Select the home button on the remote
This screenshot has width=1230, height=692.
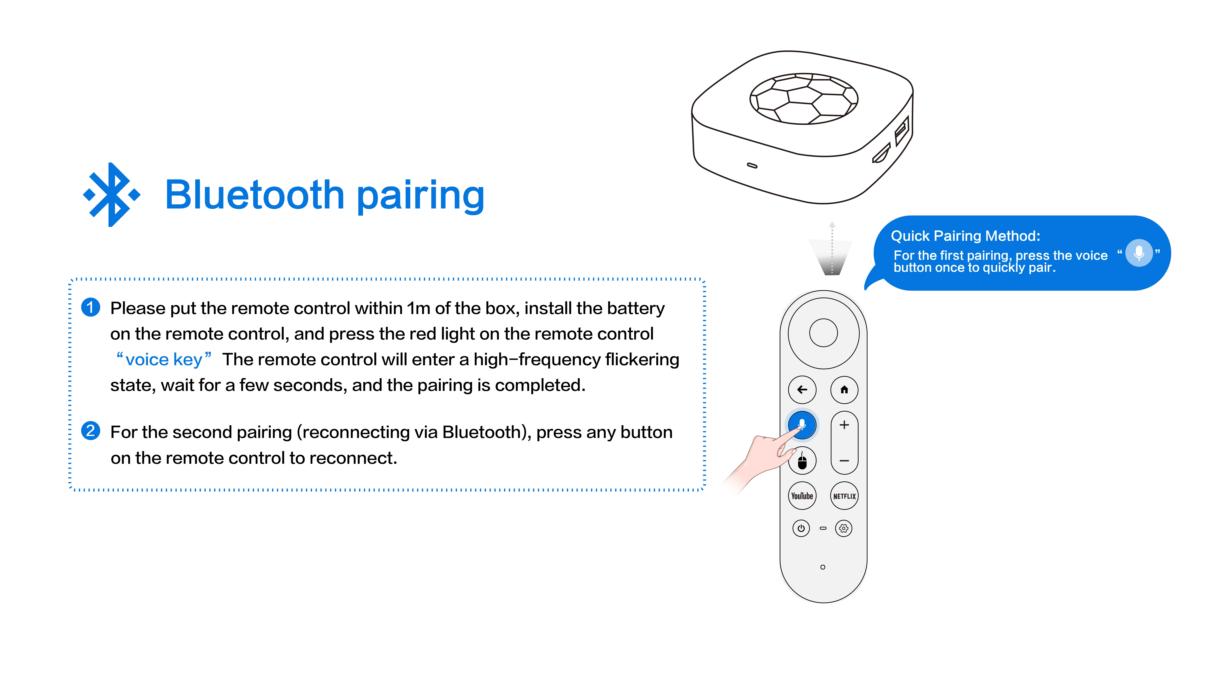pyautogui.click(x=844, y=390)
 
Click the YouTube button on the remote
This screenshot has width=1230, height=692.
pyautogui.click(x=802, y=496)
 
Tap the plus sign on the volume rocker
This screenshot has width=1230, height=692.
pyautogui.click(x=844, y=424)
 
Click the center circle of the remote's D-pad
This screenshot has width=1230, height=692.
pyautogui.click(x=823, y=333)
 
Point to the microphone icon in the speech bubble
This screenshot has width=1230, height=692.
pyautogui.click(x=1139, y=253)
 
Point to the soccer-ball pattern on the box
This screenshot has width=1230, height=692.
pyautogui.click(x=804, y=99)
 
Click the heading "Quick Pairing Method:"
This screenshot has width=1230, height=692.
pyautogui.click(x=965, y=236)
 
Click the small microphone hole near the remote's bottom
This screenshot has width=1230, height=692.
pyautogui.click(x=823, y=567)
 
